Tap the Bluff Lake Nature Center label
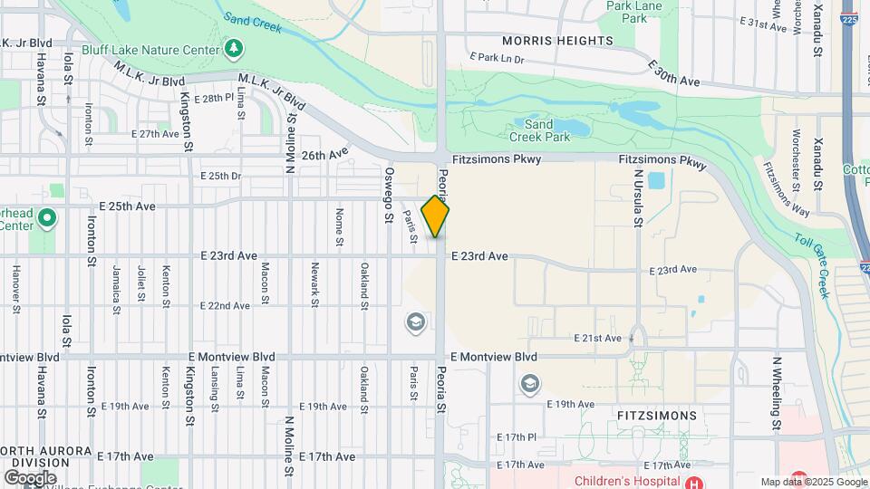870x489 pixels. tap(150, 50)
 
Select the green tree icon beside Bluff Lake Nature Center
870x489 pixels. tap(235, 47)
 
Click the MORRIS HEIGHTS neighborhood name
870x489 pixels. tap(557, 41)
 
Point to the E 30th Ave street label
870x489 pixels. tap(674, 73)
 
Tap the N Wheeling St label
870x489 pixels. tap(777, 392)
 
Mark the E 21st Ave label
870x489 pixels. tap(598, 338)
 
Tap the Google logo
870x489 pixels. tap(30, 477)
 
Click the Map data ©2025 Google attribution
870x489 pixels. tap(813, 482)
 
